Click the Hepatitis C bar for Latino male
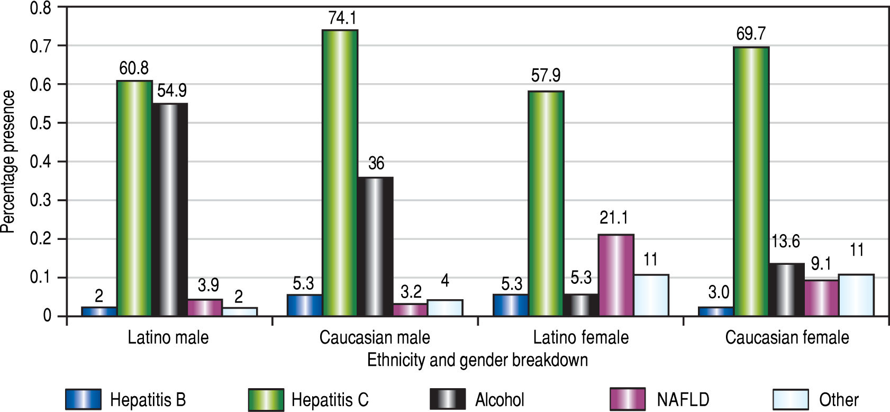[134, 199]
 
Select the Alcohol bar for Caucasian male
[375, 247]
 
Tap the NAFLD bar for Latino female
[616, 275]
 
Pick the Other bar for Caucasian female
[856, 295]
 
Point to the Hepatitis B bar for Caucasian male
[304, 305]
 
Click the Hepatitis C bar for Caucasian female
[751, 182]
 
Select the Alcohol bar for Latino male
[169, 210]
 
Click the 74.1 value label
[342, 19]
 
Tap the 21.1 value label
[614, 217]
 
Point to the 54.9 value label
[171, 91]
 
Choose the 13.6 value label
[785, 241]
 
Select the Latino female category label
[580, 337]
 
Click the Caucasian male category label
[375, 337]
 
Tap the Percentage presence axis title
[8, 162]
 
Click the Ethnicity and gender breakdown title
[477, 360]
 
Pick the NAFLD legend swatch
[628, 399]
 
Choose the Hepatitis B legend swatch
[83, 399]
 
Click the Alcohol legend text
[500, 399]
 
